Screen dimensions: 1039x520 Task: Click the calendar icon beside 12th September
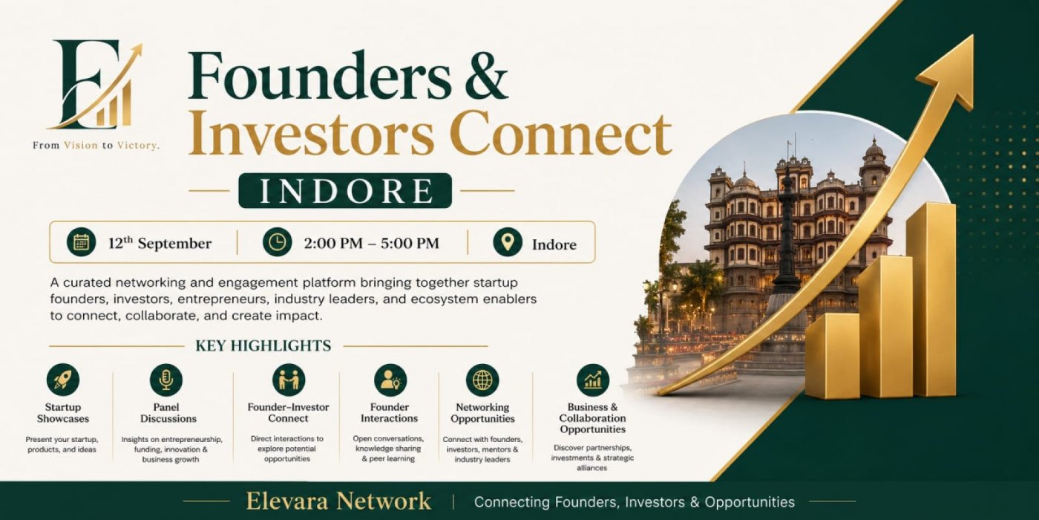pos(81,242)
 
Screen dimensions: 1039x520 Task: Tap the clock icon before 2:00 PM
pos(278,242)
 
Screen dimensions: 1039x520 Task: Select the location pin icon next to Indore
pos(508,242)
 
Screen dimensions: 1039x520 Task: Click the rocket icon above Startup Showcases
pos(63,380)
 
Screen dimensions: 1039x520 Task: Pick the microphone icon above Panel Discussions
pos(166,380)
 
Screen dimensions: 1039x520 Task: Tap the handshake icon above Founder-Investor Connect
pos(289,380)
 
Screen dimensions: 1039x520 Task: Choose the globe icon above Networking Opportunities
pos(482,380)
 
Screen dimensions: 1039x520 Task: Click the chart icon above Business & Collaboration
pos(593,380)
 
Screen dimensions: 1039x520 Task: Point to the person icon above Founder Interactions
pos(390,380)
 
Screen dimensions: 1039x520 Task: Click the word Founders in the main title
pos(320,75)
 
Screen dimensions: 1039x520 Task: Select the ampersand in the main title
pos(487,76)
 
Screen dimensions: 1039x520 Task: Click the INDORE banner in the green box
pos(345,190)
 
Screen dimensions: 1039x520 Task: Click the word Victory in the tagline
pos(138,146)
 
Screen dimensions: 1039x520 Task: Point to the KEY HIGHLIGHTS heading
pos(263,346)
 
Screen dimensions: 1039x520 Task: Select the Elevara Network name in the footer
pos(338,501)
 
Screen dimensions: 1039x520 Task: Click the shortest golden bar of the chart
pos(833,357)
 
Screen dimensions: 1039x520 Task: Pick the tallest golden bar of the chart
pos(931,300)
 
